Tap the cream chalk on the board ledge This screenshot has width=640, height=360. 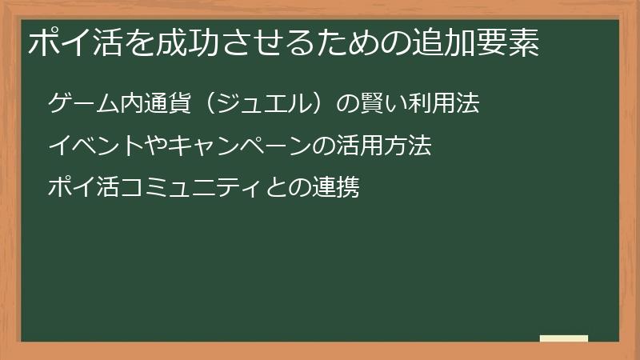point(564,338)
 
